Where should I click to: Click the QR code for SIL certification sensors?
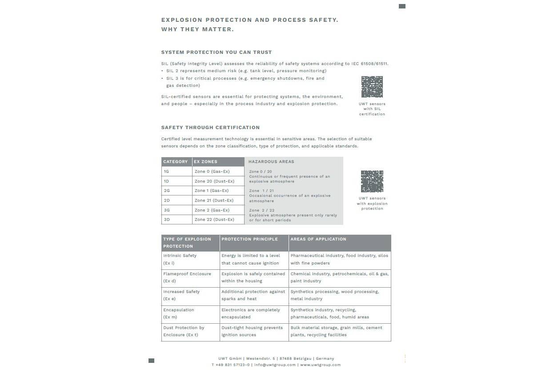pos(372,87)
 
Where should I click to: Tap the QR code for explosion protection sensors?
pos(372,181)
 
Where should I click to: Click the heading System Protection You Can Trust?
pos(216,52)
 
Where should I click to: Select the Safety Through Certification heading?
pos(210,127)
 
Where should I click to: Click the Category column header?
pos(176,162)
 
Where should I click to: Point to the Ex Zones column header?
pos(205,162)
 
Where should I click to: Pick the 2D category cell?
pos(167,200)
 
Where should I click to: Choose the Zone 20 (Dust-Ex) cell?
pos(214,181)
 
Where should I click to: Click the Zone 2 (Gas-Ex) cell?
pos(212,210)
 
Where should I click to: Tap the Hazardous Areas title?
pos(271,162)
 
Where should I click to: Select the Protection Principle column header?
pos(249,239)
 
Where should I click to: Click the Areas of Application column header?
pos(318,239)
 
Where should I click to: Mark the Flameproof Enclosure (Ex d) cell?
pos(187,277)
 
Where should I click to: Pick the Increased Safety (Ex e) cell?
pos(181,295)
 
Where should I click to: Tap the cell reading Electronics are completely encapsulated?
pos(251,313)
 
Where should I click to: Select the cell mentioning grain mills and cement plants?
pos(336,331)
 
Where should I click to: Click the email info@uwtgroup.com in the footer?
pos(275,365)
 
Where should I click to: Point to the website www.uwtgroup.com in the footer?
pos(320,365)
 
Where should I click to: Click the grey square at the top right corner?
pos(402,6)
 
